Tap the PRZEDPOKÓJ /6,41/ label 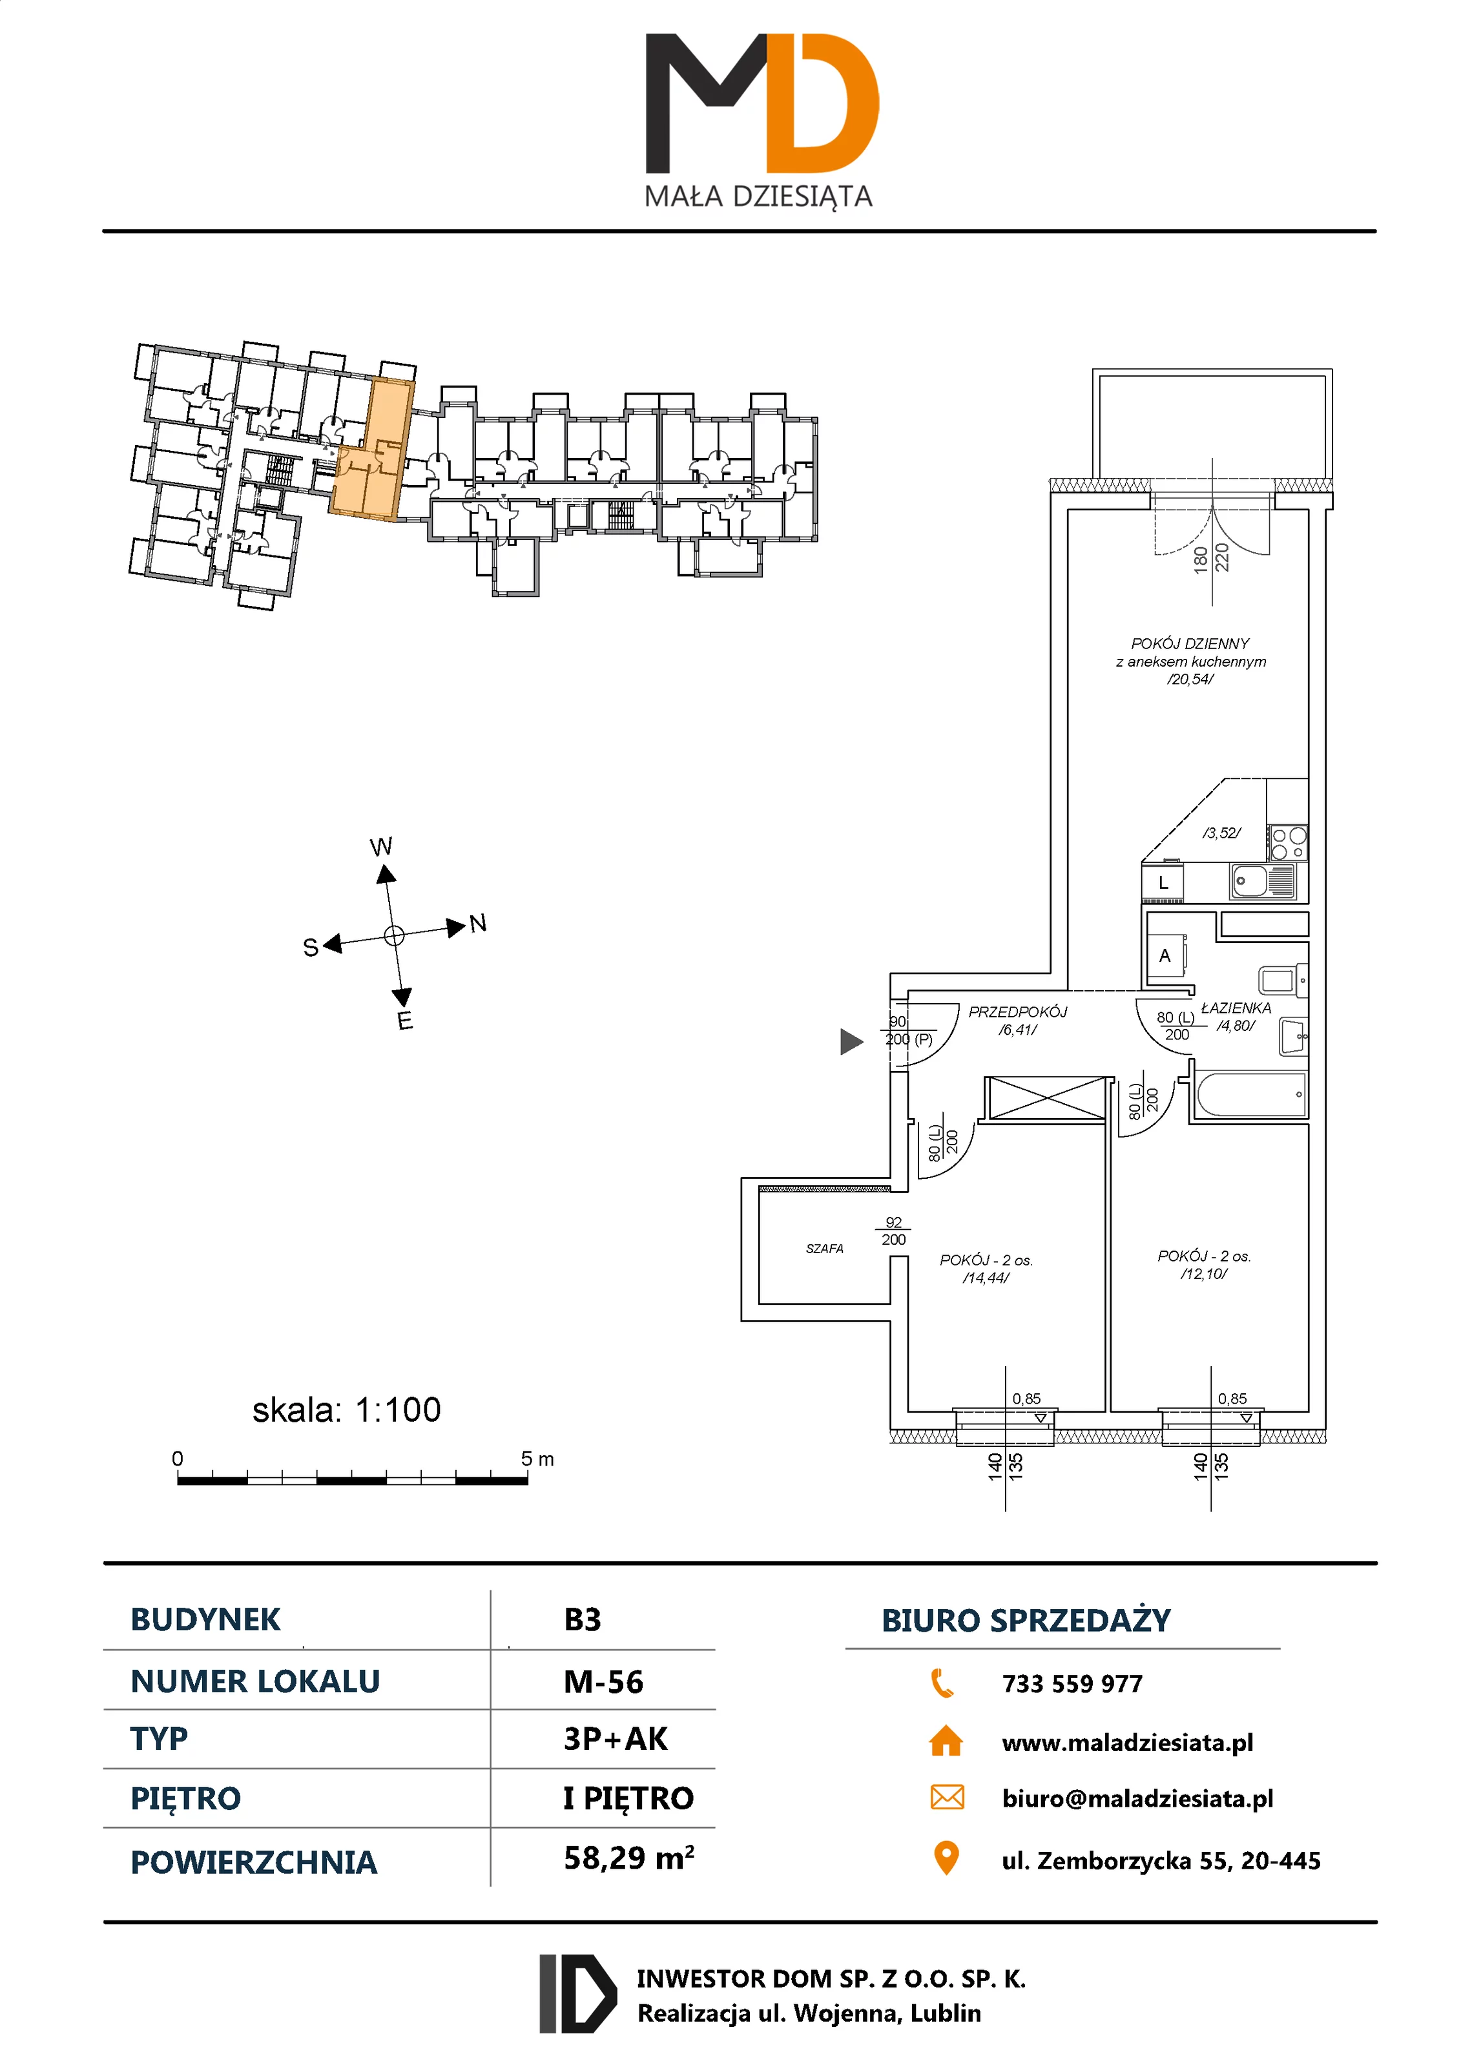pyautogui.click(x=1017, y=1020)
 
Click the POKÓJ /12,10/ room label pyautogui.click(x=1203, y=1264)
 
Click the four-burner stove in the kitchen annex pyautogui.click(x=1287, y=844)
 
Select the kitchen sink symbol pyautogui.click(x=1262, y=880)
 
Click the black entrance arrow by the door pyautogui.click(x=851, y=1042)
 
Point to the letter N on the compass pyautogui.click(x=478, y=923)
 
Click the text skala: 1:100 pyautogui.click(x=347, y=1410)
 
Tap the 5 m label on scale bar pyautogui.click(x=537, y=1459)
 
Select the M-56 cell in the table pyautogui.click(x=603, y=1681)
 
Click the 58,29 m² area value pyautogui.click(x=628, y=1857)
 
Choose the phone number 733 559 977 pyautogui.click(x=1072, y=1683)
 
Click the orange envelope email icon pyautogui.click(x=946, y=1797)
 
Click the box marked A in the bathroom pyautogui.click(x=1165, y=956)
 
